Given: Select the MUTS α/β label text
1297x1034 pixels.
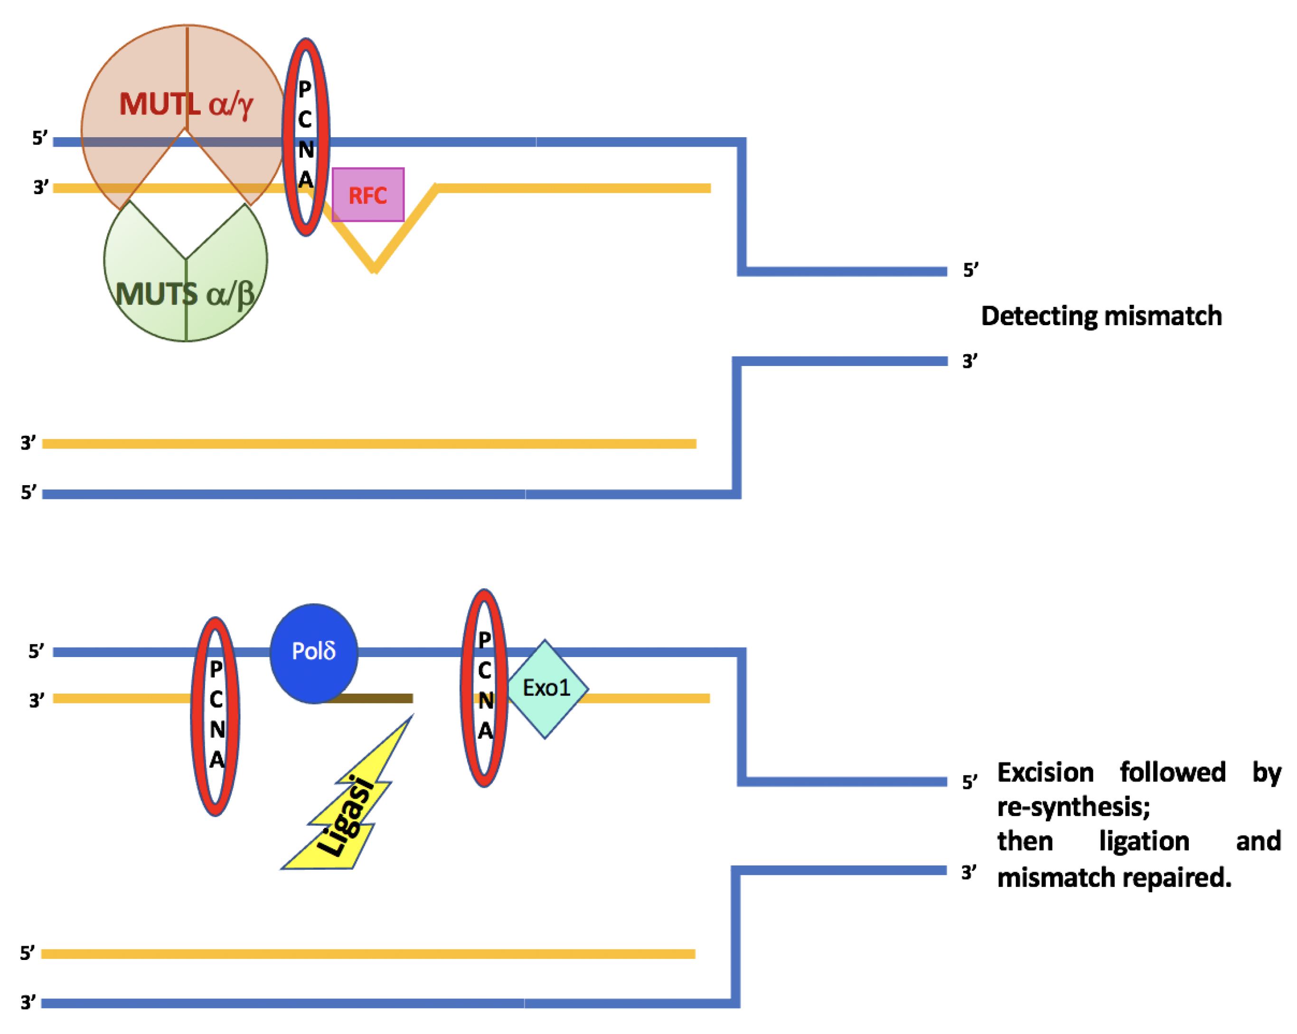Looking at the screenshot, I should pos(185,295).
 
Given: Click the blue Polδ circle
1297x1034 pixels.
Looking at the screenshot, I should pos(313,653).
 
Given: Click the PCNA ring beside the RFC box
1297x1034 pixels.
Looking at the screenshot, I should pos(306,137).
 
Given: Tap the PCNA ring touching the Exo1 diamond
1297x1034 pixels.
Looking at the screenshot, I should pos(484,687).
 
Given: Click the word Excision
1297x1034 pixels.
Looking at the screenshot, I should pos(1045,772).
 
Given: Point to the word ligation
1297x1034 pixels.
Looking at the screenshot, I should pos(1144,841).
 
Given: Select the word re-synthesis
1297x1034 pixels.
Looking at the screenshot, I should pos(1073,807).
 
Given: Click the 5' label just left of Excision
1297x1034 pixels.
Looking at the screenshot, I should pos(969,782).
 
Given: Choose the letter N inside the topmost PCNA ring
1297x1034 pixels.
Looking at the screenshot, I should pos(306,149).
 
